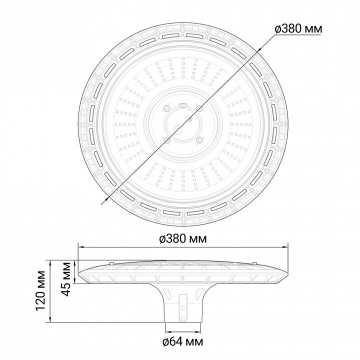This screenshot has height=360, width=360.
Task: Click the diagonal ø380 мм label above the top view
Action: click(298, 28)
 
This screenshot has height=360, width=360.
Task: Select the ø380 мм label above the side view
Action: click(183, 239)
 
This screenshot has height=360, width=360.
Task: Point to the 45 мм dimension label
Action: click(67, 279)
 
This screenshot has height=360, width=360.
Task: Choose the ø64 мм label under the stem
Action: click(183, 342)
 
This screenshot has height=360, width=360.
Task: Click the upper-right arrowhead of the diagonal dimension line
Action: click(260, 50)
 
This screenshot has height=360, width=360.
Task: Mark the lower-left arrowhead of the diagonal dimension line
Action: click(106, 198)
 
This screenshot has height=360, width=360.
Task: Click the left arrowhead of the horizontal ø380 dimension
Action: click(81, 247)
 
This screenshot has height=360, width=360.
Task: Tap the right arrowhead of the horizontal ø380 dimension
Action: click(285, 247)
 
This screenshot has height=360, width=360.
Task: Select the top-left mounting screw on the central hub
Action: click(166, 108)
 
